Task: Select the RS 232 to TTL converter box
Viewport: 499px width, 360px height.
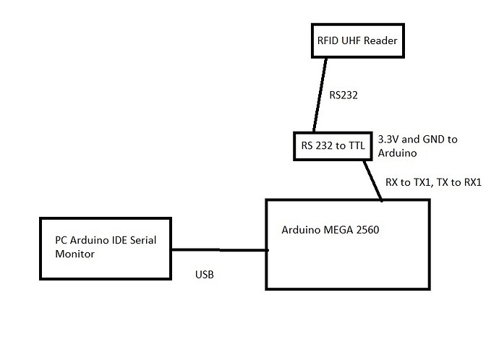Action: (x=332, y=147)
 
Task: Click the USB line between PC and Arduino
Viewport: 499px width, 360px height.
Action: (x=218, y=250)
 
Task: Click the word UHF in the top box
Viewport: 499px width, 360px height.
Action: (x=344, y=41)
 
